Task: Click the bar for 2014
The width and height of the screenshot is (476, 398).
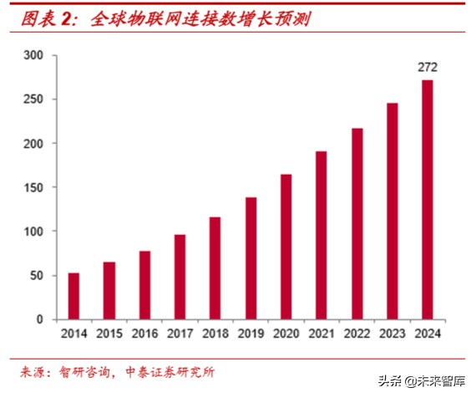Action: pyautogui.click(x=73, y=296)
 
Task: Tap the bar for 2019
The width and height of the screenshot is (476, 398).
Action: pyautogui.click(x=251, y=258)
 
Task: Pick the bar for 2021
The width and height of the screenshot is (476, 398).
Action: pyautogui.click(x=322, y=236)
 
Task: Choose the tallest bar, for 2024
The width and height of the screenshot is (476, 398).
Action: pyautogui.click(x=428, y=200)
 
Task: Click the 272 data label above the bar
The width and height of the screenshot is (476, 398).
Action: pyautogui.click(x=428, y=67)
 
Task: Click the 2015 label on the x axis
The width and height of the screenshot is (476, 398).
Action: pyautogui.click(x=109, y=334)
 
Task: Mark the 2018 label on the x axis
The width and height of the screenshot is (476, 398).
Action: pyautogui.click(x=215, y=334)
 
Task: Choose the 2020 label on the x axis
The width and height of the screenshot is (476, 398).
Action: pyautogui.click(x=286, y=334)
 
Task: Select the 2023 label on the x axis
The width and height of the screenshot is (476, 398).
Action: pyautogui.click(x=392, y=334)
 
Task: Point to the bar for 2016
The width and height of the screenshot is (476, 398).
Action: pyautogui.click(x=144, y=285)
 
